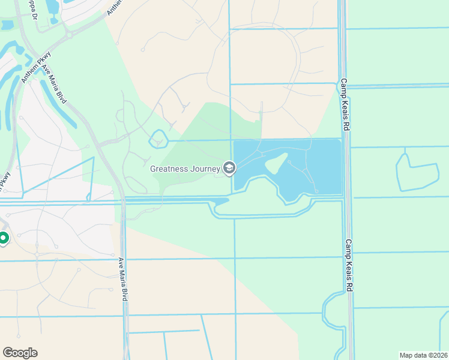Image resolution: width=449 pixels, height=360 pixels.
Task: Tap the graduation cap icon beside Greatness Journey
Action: [x=229, y=169]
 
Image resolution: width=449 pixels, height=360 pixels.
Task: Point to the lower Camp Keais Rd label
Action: [x=348, y=266]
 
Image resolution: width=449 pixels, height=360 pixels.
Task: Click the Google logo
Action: [x=20, y=352]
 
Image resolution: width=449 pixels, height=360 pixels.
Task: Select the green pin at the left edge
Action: [x=3, y=239]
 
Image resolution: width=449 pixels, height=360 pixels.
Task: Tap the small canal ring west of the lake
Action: [x=158, y=139]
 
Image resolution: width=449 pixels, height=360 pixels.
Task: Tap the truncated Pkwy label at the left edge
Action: [x=5, y=182]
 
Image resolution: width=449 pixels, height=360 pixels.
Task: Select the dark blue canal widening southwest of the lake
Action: [x=221, y=203]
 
